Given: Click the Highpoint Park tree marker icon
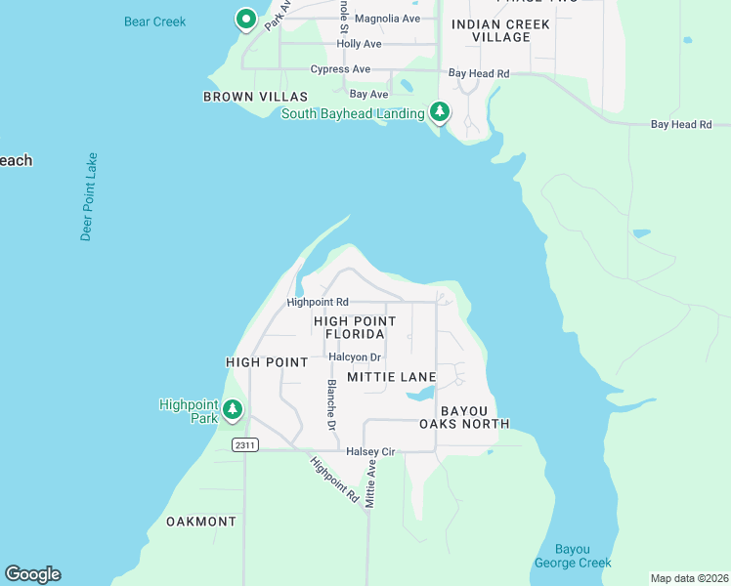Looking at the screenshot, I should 233,410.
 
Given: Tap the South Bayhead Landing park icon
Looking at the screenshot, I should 440,112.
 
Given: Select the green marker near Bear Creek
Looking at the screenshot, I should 246,19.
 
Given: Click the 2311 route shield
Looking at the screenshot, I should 244,444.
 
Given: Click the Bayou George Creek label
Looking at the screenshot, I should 573,556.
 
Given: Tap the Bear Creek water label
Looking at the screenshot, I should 154,21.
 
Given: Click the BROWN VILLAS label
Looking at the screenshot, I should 255,97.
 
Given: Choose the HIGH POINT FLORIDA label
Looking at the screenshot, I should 355,327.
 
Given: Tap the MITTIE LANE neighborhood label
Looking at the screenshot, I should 391,376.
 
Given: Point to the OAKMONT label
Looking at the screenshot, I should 201,522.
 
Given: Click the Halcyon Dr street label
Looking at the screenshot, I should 355,357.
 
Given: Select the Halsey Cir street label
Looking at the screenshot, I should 370,451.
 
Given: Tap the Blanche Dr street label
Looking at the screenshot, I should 331,405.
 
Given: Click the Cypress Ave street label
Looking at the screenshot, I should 340,69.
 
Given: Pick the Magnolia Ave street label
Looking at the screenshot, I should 387,19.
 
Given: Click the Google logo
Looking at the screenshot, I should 32,574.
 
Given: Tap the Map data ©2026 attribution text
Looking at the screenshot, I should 689,578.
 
